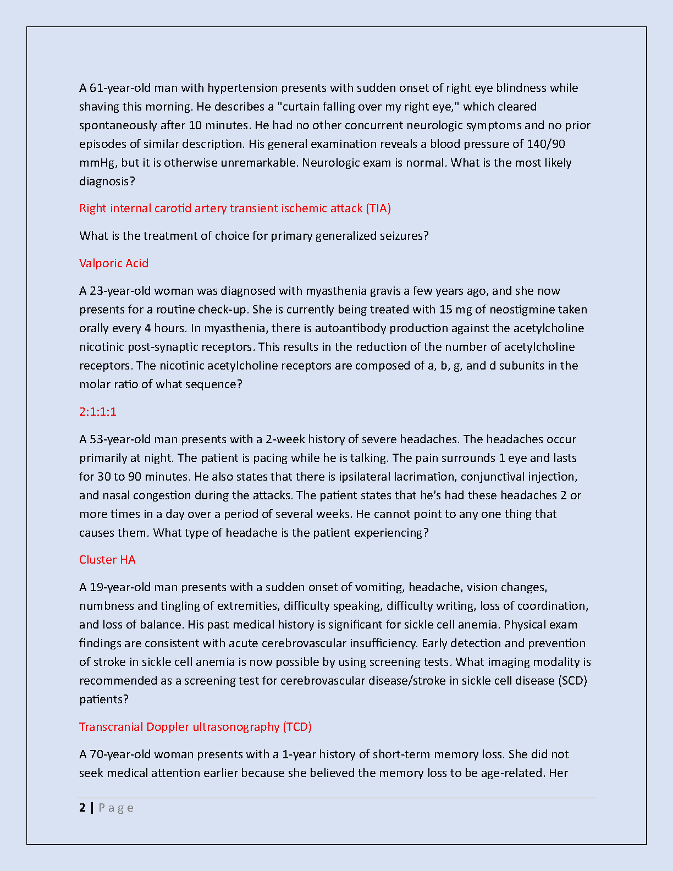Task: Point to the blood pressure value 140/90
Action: [545, 144]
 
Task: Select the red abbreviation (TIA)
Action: [378, 208]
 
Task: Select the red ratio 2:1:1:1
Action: [98, 412]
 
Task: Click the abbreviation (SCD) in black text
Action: [573, 681]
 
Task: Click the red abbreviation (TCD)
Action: [297, 727]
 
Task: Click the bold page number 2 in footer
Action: [82, 808]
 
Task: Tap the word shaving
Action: [99, 107]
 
